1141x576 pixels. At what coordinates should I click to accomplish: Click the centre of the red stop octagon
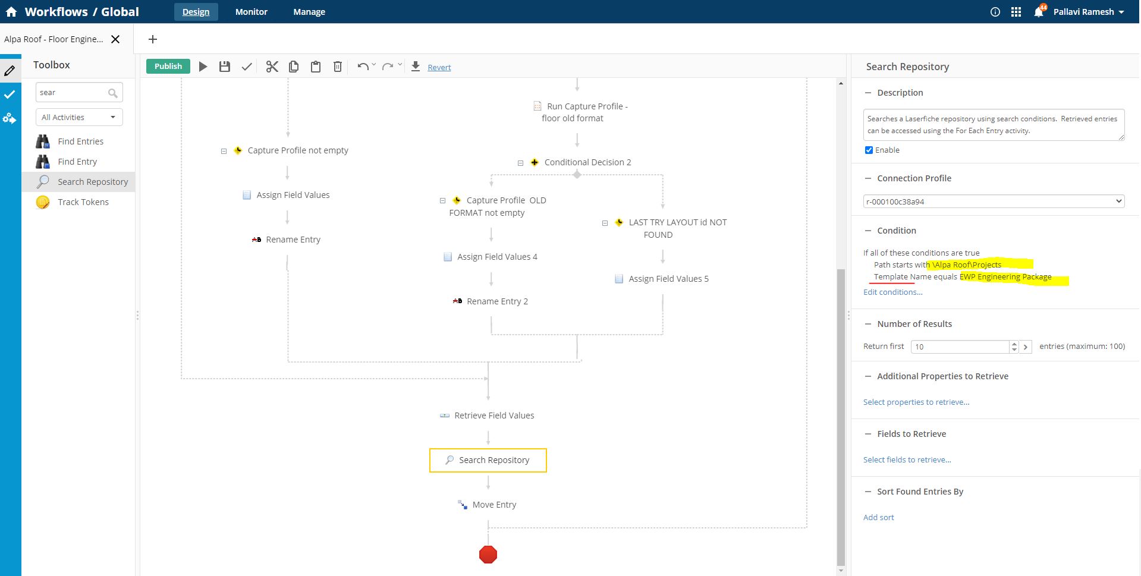click(x=488, y=555)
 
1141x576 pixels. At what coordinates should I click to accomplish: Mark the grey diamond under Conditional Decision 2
click(x=577, y=175)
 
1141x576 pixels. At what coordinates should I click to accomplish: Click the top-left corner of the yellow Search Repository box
click(x=430, y=449)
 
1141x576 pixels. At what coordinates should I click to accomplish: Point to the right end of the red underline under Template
click(x=915, y=283)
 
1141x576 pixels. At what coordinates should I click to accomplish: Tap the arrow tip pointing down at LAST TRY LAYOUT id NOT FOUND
click(x=663, y=207)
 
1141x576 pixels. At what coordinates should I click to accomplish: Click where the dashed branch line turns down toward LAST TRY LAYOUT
click(x=663, y=175)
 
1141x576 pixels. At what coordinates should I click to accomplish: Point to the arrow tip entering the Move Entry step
click(x=488, y=488)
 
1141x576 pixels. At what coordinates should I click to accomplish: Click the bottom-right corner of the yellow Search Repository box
click(x=546, y=473)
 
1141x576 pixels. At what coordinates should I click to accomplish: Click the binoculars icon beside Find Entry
click(x=43, y=162)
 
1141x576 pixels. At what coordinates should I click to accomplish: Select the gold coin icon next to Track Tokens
click(x=43, y=202)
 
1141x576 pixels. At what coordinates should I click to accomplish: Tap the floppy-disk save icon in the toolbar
click(x=225, y=67)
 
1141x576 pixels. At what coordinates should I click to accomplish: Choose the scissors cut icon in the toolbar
click(x=272, y=67)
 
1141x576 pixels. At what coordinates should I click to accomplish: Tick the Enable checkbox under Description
click(x=869, y=150)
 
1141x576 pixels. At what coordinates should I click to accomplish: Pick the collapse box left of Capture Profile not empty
click(x=224, y=151)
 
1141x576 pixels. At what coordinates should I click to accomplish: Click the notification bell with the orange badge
click(x=1039, y=11)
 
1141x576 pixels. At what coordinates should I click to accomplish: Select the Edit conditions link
click(x=893, y=292)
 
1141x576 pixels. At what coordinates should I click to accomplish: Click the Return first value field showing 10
click(x=960, y=347)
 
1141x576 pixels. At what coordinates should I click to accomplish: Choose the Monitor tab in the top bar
click(x=252, y=12)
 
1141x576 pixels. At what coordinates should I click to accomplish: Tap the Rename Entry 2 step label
click(x=497, y=301)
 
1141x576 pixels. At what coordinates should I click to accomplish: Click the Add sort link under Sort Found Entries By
click(x=879, y=517)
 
